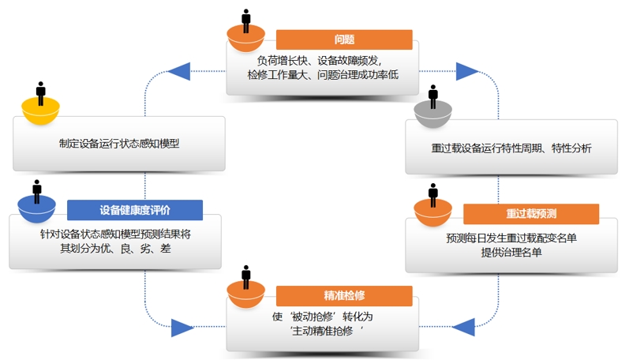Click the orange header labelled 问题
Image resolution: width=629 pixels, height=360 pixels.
pos(344,39)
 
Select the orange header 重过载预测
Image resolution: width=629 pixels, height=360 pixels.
pos(531,213)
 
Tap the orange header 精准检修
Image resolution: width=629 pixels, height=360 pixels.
pos(344,296)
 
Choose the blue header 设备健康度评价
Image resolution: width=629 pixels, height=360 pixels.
pos(134,210)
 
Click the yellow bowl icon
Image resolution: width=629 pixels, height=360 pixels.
pos(39,111)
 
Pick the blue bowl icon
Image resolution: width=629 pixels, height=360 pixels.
pos(36,209)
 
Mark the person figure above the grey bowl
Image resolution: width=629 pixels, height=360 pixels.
pos(432,95)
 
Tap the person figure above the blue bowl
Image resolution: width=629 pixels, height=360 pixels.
pos(36,189)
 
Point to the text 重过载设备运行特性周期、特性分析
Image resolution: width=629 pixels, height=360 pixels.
pos(511,148)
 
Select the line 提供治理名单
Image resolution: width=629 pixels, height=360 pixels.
pos(511,253)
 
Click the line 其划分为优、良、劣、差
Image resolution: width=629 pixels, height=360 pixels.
pos(116,249)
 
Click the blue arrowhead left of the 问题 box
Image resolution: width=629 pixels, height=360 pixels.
pos(180,72)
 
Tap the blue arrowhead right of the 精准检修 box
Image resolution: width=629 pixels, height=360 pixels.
pos(464,324)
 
